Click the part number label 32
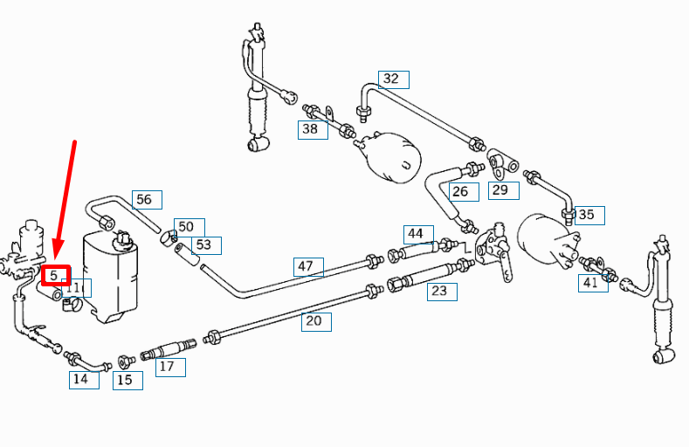point(393,79)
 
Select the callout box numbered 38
point(311,129)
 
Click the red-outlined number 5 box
point(55,276)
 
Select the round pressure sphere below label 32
point(392,156)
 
